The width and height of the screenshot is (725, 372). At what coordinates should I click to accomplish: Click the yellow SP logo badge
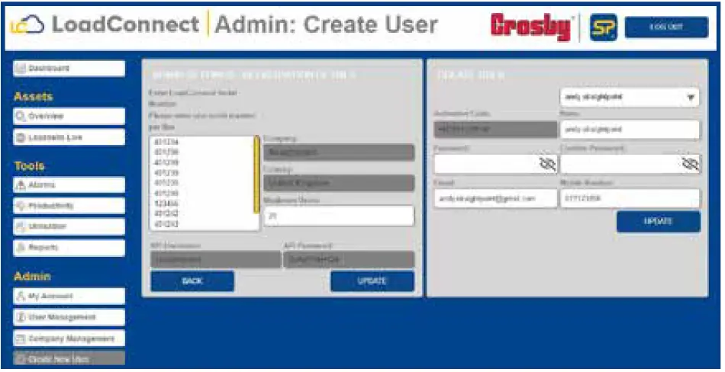coord(603,27)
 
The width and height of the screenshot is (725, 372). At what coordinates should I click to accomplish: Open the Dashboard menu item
coord(69,69)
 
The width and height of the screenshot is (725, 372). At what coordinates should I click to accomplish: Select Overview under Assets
coord(69,117)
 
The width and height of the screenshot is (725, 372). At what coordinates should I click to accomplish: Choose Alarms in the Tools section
coord(69,185)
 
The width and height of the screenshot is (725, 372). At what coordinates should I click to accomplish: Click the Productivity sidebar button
coord(69,206)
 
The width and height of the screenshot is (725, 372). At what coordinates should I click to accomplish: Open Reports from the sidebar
coord(69,248)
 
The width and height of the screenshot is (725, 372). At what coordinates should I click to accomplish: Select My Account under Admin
coord(69,296)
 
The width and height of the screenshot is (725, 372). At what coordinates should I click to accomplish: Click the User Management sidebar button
coord(69,317)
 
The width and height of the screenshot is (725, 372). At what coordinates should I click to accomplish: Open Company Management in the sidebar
coord(69,338)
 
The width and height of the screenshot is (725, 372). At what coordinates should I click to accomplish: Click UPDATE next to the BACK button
coord(372,281)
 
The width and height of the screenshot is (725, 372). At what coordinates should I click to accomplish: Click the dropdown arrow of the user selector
coord(691,98)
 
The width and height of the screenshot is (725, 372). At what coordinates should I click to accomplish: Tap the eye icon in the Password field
coord(547,164)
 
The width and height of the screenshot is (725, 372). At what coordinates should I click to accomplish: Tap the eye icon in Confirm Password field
coord(690,164)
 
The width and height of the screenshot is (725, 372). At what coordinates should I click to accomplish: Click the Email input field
coord(495,198)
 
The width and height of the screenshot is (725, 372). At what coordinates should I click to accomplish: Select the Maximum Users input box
coord(338,216)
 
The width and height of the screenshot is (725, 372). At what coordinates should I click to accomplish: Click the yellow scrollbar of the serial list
coord(256,175)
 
